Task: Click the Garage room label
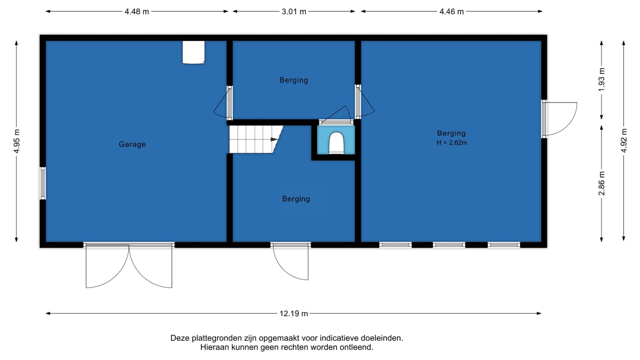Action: [132, 144]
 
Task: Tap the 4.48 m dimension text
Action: [137, 12]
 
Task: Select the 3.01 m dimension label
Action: [294, 12]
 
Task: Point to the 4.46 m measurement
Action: [452, 12]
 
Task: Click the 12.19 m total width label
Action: [294, 314]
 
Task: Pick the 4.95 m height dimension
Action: [17, 141]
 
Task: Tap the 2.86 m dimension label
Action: [602, 184]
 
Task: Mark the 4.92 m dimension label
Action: [624, 141]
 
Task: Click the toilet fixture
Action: [336, 143]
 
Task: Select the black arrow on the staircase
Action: [274, 139]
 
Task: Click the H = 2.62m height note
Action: [452, 143]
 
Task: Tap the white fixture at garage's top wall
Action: [194, 52]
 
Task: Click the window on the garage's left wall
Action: [43, 183]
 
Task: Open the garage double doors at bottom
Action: [129, 265]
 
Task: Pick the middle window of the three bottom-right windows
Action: [449, 245]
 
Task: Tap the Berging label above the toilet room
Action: [294, 80]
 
